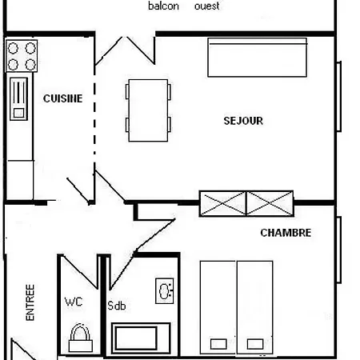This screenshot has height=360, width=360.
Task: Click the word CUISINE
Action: click(x=62, y=98)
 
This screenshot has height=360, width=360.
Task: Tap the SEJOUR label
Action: click(x=243, y=121)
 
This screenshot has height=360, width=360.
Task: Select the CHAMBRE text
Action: click(x=286, y=233)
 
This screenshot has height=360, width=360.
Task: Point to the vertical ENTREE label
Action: click(x=30, y=302)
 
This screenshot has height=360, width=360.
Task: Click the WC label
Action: click(x=74, y=302)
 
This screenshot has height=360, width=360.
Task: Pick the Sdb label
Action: click(x=117, y=305)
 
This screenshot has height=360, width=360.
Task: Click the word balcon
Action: click(x=163, y=6)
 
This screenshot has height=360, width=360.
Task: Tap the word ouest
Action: click(x=207, y=6)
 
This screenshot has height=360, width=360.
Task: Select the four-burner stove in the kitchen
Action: click(x=22, y=56)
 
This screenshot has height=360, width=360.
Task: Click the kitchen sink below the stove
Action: click(x=18, y=98)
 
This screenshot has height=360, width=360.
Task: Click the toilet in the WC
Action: click(x=80, y=338)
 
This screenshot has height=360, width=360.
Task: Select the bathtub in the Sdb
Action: click(x=141, y=337)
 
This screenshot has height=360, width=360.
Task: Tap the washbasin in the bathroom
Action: click(x=166, y=290)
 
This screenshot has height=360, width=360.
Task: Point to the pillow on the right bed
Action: click(x=255, y=343)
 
